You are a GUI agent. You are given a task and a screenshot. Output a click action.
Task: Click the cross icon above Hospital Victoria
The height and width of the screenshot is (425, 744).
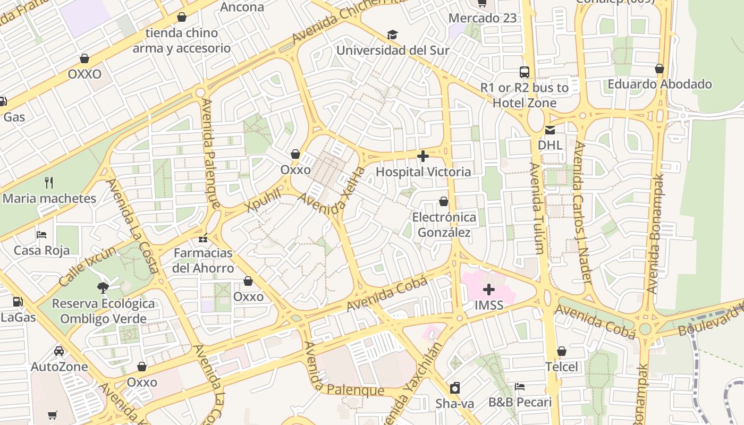click(423, 156)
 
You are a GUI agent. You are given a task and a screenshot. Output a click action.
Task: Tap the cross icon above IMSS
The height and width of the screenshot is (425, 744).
click(488, 290)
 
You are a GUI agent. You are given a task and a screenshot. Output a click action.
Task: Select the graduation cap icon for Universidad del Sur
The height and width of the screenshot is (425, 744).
click(392, 35)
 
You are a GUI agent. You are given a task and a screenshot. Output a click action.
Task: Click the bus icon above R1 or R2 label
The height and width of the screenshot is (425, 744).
click(524, 72)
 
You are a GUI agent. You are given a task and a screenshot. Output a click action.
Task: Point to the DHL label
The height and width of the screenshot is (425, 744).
click(549, 145)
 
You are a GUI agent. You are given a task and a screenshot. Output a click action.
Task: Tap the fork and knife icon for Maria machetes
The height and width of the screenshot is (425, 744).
click(49, 183)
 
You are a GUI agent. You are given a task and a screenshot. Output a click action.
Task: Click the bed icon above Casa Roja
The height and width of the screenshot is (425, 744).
click(41, 235)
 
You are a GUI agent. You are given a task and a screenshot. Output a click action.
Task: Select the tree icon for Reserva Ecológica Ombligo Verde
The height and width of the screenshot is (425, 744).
click(103, 288)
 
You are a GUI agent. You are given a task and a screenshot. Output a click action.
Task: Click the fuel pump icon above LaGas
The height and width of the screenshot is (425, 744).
click(18, 302)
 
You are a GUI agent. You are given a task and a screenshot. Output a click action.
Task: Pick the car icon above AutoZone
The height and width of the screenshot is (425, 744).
click(59, 351)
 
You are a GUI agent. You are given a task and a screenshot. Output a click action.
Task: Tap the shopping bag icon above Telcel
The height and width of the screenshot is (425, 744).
click(562, 351)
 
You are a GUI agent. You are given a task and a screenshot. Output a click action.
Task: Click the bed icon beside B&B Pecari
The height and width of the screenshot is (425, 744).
click(520, 387)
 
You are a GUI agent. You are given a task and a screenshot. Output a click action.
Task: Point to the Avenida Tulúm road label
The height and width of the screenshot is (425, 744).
click(537, 208)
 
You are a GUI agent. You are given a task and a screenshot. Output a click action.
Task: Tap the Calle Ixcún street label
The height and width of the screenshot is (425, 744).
click(87, 266)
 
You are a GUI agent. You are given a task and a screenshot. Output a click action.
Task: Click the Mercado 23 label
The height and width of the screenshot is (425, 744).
click(482, 18)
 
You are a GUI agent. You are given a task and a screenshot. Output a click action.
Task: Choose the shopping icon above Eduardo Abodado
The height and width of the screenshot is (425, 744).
click(660, 69)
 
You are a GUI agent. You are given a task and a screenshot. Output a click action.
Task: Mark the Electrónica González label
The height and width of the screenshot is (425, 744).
click(444, 225)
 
